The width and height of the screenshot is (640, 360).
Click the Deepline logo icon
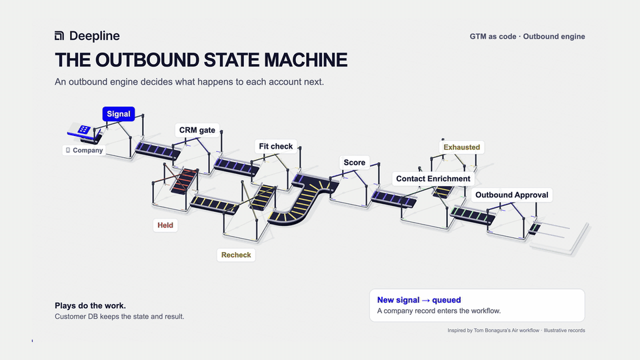click(x=59, y=36)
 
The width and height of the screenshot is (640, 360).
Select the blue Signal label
click(x=119, y=114)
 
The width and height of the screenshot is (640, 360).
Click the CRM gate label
click(x=197, y=130)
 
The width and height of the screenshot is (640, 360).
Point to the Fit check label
click(x=276, y=146)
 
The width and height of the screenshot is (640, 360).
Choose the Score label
click(x=354, y=163)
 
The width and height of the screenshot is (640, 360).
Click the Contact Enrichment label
click(x=433, y=179)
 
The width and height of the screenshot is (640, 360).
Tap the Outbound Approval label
click(x=512, y=195)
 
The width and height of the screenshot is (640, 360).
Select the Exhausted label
click(x=461, y=147)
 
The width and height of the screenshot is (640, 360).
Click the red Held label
click(x=165, y=225)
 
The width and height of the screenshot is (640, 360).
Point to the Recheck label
click(x=236, y=255)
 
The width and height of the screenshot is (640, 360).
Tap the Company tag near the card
click(x=84, y=150)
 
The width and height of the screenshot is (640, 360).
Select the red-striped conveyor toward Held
click(x=184, y=181)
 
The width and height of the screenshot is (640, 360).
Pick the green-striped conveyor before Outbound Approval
click(x=472, y=215)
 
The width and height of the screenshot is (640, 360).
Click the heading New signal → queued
click(x=419, y=300)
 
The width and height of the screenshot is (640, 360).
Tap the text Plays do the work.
click(x=90, y=306)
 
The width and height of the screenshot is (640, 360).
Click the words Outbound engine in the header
click(x=554, y=36)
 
